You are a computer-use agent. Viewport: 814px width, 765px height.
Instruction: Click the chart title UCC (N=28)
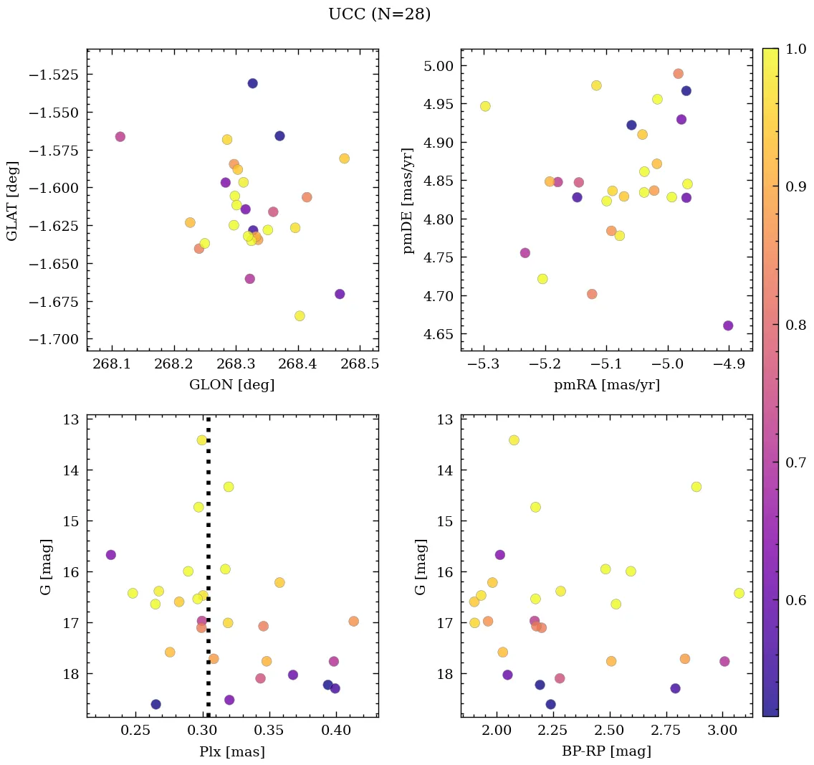[379, 14]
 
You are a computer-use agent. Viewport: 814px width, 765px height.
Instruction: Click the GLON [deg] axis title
[231, 385]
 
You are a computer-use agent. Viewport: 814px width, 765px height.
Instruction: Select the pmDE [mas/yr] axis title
[408, 201]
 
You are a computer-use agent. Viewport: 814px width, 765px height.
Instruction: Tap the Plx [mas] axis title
[231, 751]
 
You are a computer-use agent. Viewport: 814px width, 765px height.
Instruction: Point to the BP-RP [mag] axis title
[606, 751]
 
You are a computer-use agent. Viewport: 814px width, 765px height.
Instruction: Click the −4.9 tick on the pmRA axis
[729, 364]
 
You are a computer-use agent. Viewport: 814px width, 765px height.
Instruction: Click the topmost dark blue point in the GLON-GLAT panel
[252, 83]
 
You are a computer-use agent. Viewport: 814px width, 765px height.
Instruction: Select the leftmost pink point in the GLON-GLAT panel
[120, 137]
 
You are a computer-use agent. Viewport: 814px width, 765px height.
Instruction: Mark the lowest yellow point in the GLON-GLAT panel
[300, 316]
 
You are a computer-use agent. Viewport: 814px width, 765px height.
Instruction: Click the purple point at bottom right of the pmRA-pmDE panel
[728, 326]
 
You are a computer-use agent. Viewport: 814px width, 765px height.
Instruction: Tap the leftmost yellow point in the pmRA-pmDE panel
[485, 106]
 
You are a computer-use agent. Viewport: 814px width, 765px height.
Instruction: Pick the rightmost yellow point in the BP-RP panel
[739, 593]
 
